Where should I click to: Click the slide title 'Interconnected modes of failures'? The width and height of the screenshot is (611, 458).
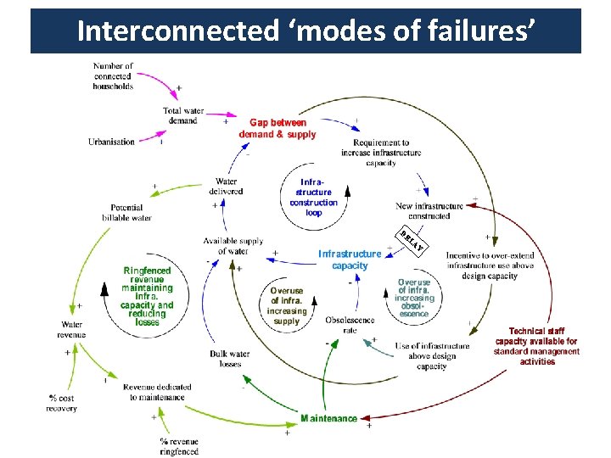(305, 31)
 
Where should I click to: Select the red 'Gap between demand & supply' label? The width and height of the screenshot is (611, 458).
(277, 128)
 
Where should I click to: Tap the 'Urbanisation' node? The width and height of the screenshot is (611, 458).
(111, 142)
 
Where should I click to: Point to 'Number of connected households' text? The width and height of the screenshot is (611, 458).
(113, 75)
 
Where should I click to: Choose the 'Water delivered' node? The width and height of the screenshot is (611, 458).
(226, 186)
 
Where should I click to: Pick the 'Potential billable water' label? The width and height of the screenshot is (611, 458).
(126, 212)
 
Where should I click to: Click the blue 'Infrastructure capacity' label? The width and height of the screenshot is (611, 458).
(350, 260)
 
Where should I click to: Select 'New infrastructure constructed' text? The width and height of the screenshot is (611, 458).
(429, 210)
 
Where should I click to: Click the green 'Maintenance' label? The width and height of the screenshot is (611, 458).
(329, 418)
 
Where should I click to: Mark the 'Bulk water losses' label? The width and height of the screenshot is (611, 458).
(229, 359)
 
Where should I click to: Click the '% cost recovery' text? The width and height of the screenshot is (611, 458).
(62, 403)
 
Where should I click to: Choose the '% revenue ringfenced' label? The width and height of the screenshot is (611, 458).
(179, 446)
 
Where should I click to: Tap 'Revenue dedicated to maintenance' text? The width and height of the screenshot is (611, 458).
(157, 392)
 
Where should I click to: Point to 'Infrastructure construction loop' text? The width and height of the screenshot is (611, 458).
(313, 197)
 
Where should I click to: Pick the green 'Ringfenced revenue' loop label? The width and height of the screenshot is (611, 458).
(147, 296)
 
